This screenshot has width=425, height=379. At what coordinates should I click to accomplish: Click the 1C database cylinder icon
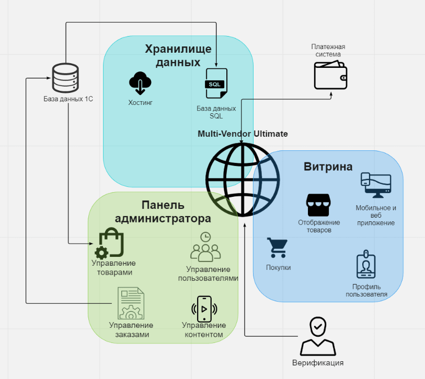click(x=65, y=78)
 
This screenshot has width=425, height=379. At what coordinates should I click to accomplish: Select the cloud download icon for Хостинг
click(x=140, y=83)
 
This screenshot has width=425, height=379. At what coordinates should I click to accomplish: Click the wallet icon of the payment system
click(x=330, y=75)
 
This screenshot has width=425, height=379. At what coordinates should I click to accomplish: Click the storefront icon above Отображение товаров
click(x=318, y=205)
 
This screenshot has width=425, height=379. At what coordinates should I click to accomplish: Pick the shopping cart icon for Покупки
click(x=277, y=248)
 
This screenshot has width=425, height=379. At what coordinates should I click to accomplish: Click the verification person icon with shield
click(x=317, y=337)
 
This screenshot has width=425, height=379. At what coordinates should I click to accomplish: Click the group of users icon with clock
click(x=205, y=248)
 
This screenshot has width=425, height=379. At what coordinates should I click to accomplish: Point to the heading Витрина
click(x=328, y=167)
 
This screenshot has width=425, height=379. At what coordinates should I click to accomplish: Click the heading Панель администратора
click(x=163, y=211)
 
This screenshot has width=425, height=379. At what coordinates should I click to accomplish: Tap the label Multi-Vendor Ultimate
click(x=243, y=134)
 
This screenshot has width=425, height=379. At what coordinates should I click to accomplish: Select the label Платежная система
click(x=328, y=50)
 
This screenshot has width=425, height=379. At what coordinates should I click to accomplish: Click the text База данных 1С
click(x=68, y=99)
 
